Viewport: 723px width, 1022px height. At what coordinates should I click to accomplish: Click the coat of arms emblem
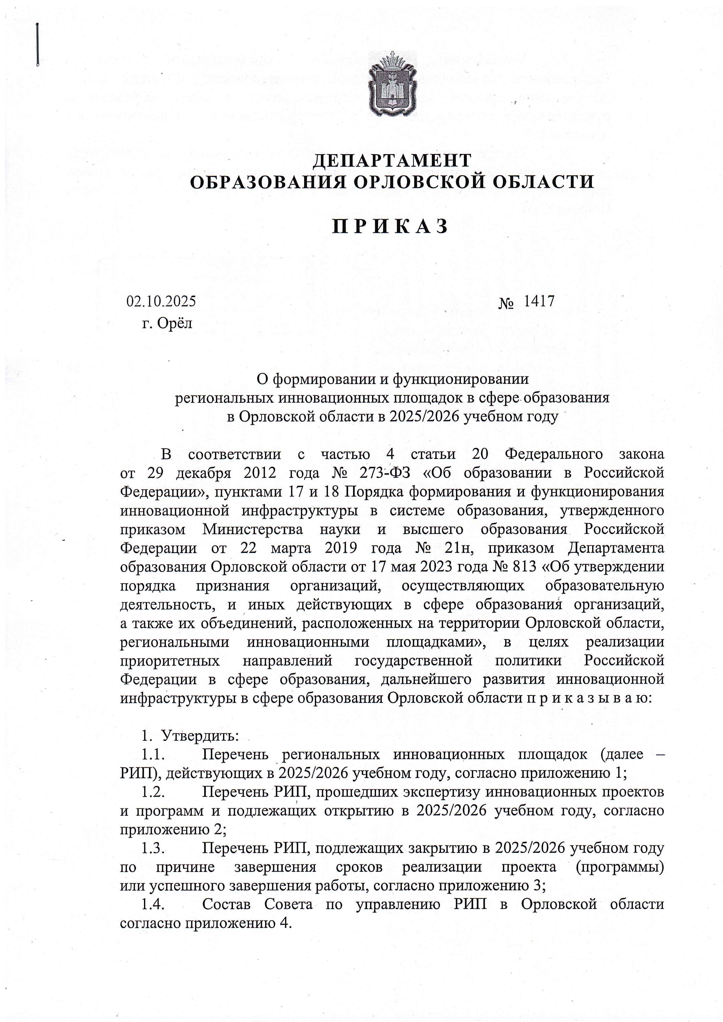[x=392, y=84]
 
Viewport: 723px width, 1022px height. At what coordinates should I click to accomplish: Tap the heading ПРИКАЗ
[x=390, y=226]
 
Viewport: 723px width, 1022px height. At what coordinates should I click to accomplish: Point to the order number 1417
[x=539, y=301]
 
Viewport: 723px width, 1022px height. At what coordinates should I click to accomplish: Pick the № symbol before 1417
[x=506, y=303]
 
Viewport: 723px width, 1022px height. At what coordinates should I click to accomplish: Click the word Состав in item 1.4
[x=227, y=905]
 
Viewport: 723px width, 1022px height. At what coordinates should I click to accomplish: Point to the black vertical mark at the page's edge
[x=38, y=45]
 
